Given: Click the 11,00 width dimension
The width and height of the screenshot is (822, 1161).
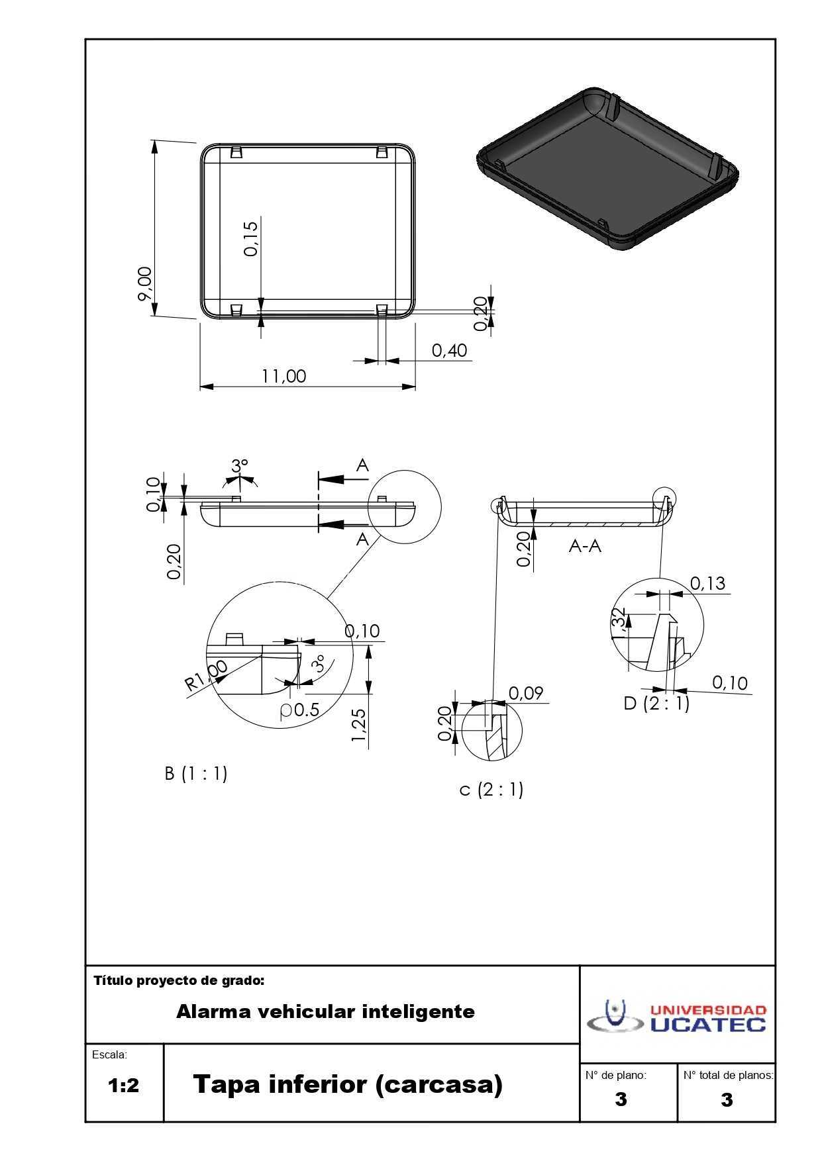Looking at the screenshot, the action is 284,376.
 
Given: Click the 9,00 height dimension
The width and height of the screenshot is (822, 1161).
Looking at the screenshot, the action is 145,284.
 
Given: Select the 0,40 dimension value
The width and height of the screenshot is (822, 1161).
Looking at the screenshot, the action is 450,350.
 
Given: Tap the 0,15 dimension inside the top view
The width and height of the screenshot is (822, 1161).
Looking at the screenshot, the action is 251,238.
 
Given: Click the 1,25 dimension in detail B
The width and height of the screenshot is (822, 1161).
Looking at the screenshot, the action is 359,725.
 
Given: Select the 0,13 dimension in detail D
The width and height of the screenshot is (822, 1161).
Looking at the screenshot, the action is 707,583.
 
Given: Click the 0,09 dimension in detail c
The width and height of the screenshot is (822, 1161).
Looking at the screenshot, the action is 526,693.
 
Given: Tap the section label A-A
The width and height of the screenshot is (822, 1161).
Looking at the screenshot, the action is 585,546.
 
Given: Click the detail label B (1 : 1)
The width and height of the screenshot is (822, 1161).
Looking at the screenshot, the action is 196,773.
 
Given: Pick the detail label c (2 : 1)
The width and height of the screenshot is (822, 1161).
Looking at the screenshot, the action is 491,789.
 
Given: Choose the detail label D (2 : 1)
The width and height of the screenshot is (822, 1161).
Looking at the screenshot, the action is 656,703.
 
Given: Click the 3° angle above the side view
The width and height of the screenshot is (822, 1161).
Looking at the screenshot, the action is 240,466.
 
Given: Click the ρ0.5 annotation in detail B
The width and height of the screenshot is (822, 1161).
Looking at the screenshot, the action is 300,710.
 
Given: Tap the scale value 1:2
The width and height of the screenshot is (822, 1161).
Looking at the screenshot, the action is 124,1086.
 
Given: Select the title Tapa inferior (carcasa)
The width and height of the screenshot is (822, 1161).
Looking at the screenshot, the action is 348,1085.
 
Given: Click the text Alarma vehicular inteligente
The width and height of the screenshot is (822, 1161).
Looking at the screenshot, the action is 325,1011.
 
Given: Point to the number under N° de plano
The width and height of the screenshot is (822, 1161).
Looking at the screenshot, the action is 621,1099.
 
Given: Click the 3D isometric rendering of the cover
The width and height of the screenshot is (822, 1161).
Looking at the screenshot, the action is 607,167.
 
